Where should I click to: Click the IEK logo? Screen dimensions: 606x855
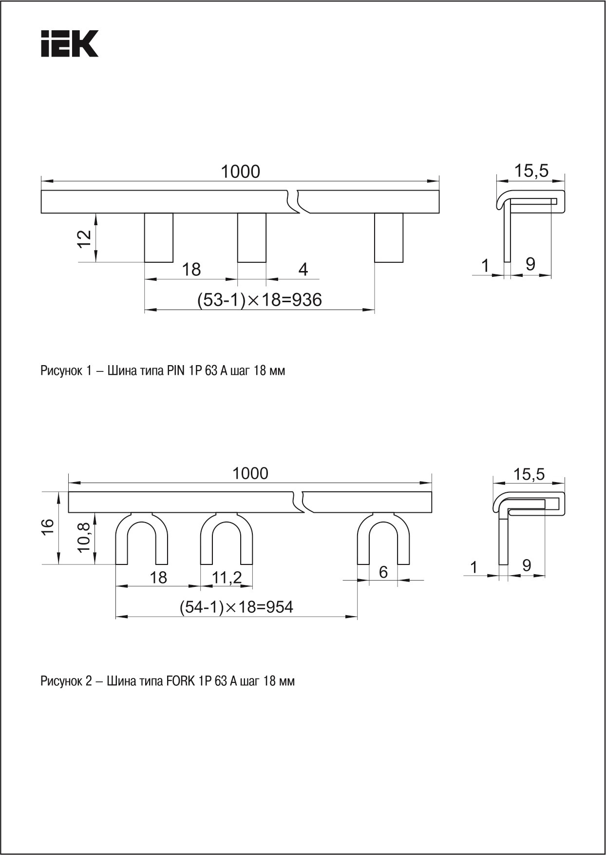[70, 44]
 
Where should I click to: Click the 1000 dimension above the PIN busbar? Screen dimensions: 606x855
[241, 172]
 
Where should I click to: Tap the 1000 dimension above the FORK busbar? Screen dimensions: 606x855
[250, 473]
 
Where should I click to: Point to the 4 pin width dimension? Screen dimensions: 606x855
[303, 269]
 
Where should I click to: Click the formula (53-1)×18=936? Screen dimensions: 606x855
[260, 299]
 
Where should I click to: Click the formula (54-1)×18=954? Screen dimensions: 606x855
[237, 607]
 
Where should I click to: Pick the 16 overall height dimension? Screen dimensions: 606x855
[47, 527]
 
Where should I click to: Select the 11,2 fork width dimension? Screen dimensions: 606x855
[227, 578]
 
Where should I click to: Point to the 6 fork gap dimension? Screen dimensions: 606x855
[383, 572]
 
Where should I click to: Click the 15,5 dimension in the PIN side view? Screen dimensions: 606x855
[531, 171]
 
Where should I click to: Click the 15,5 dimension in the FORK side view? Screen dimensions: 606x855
[529, 474]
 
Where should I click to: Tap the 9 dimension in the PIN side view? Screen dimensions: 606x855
[530, 264]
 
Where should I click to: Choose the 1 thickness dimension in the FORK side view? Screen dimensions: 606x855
[474, 567]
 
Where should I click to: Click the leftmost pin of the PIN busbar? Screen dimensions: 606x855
[159, 237]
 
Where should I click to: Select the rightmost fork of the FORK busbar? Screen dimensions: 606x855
[383, 539]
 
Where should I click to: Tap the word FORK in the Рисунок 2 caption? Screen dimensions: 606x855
[181, 681]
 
